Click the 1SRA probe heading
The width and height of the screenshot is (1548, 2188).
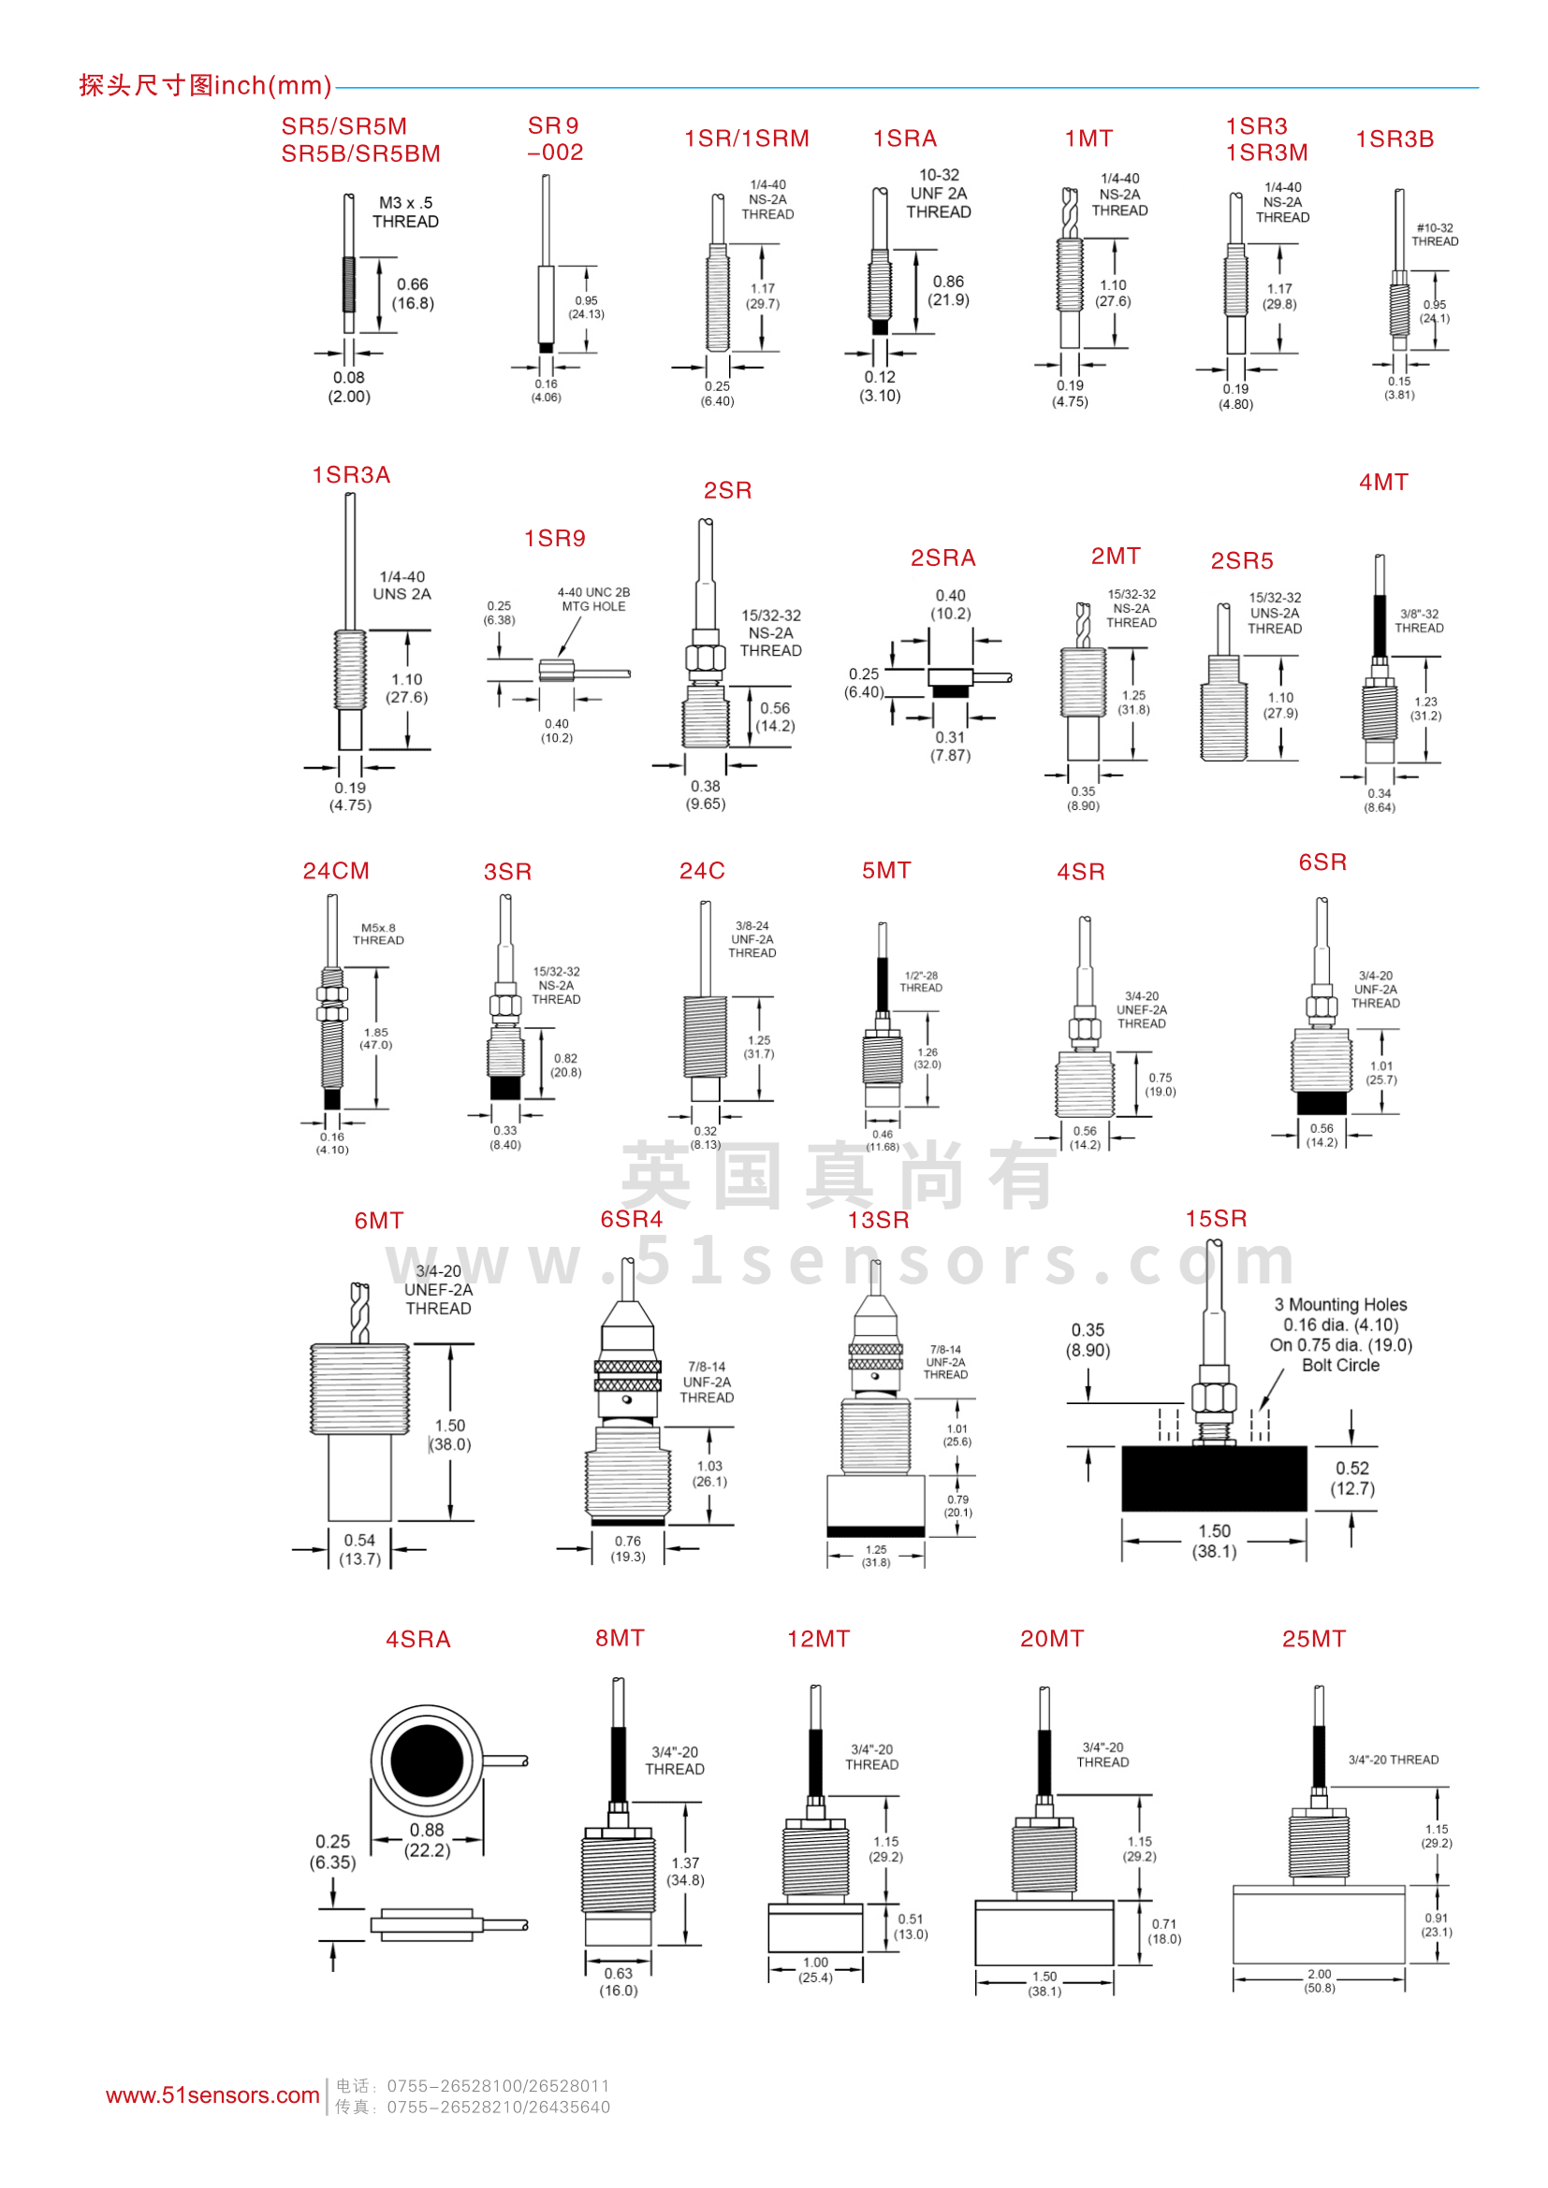click(905, 139)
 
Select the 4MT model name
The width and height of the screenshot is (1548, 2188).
click(1383, 483)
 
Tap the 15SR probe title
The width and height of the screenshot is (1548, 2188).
click(1216, 1219)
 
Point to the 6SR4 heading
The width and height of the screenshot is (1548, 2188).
click(631, 1220)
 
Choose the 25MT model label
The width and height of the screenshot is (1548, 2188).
click(1313, 1639)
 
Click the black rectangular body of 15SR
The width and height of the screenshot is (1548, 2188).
click(1214, 1478)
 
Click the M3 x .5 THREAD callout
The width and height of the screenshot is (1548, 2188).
click(406, 212)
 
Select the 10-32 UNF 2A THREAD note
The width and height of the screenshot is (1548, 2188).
click(939, 194)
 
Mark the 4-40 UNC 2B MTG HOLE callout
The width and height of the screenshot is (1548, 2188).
click(594, 600)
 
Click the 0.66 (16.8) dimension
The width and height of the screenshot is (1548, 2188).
click(413, 294)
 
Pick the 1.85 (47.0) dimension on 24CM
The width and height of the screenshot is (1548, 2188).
click(376, 1038)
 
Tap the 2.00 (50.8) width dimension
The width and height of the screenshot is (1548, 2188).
click(1320, 1981)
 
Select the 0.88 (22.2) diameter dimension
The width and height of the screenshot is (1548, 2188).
click(427, 1840)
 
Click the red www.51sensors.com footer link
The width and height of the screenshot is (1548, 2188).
click(212, 2095)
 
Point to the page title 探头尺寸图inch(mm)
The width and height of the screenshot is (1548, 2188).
click(205, 86)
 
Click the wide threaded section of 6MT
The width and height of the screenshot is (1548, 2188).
click(359, 1388)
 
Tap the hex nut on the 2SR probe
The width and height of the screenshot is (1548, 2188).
click(707, 658)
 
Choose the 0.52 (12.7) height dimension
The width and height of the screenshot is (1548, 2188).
click(1352, 1479)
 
